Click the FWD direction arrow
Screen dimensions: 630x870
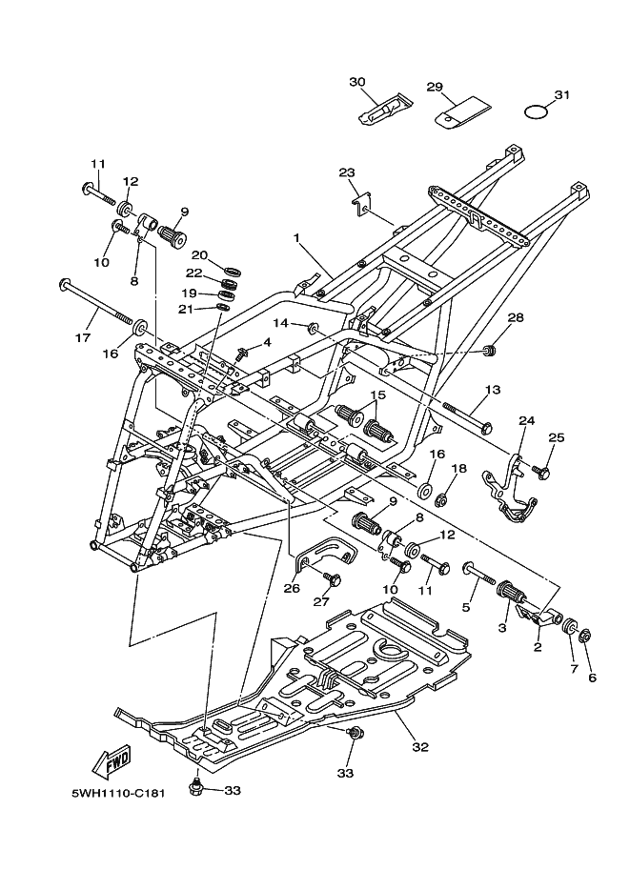point(111,760)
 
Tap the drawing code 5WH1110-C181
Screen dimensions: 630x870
point(118,792)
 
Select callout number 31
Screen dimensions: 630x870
point(562,95)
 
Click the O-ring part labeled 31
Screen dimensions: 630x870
point(537,112)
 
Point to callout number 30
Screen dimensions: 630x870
point(357,82)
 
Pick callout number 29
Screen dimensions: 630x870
point(435,87)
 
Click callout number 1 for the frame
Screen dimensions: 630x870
point(297,237)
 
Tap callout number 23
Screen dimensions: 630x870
point(347,172)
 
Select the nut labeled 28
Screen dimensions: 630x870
point(489,350)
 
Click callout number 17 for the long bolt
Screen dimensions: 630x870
point(83,336)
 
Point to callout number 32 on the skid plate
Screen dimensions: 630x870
point(420,747)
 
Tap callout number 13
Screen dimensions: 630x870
point(493,390)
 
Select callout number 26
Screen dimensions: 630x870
point(292,588)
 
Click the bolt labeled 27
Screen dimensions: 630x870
point(334,578)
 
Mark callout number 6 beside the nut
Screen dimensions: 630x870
point(592,678)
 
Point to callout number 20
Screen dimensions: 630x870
point(199,254)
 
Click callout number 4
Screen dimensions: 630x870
point(267,342)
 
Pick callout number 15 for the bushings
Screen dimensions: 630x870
point(378,395)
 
